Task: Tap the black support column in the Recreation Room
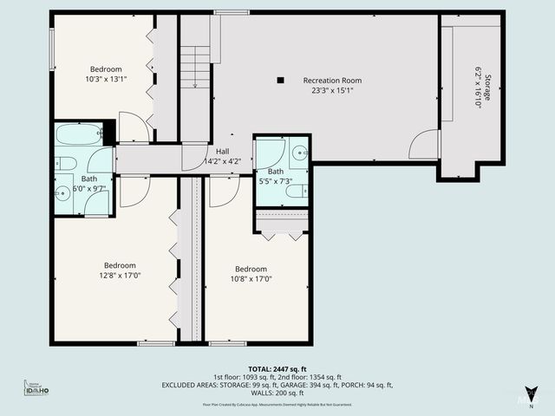(279, 81)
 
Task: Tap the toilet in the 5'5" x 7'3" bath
(294, 191)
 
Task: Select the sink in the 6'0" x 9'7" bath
(62, 193)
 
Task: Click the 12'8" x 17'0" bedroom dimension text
(121, 276)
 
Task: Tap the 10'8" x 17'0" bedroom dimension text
(250, 279)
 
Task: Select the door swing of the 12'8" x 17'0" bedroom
(134, 192)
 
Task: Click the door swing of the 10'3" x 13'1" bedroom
(133, 128)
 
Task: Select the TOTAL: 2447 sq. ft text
(277, 368)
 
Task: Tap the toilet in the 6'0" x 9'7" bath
(64, 164)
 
